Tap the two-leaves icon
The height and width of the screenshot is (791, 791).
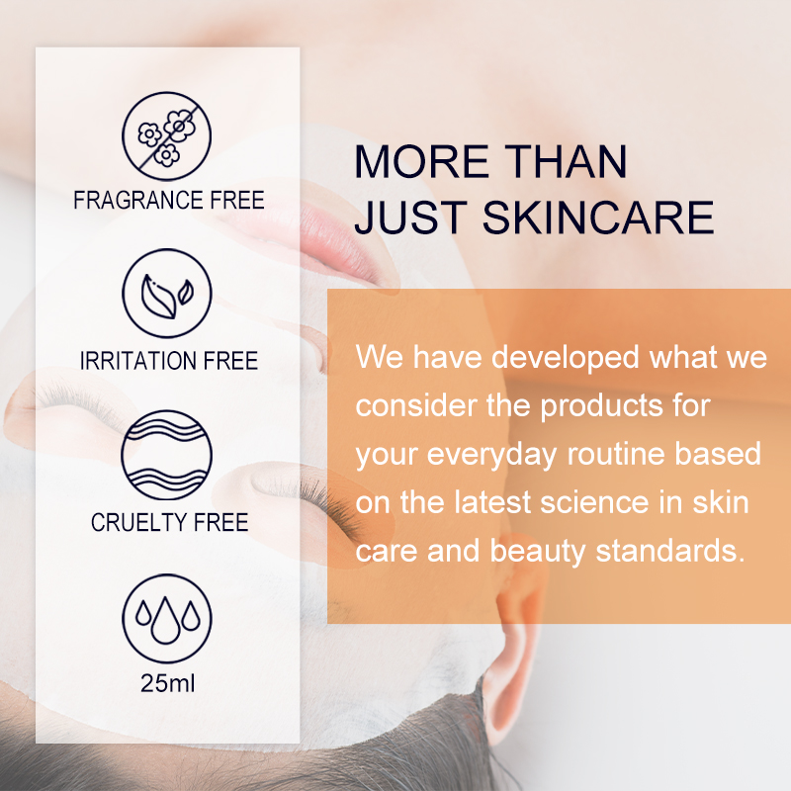pos(167,293)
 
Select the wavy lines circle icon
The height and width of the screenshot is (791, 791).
pos(167,455)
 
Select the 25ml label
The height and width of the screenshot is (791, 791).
pos(167,683)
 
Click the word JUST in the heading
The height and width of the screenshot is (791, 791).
pos(398,218)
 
